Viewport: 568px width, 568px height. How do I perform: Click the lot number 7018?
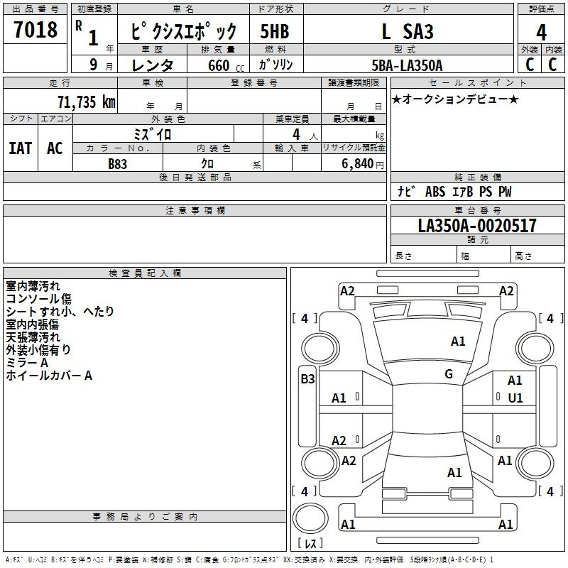coord(35,29)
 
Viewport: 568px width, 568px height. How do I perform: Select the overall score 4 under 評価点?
coord(541,33)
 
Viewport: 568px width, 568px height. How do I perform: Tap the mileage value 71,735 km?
coord(87,102)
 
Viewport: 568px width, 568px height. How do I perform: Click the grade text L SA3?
coord(408,31)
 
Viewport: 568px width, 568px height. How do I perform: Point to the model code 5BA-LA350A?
coord(407,65)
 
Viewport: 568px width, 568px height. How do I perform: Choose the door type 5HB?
coord(275,31)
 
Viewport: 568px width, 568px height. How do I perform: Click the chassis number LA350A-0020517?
coord(477,225)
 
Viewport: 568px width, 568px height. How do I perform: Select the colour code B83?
coord(118,164)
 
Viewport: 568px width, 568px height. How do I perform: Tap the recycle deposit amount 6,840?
coord(358,163)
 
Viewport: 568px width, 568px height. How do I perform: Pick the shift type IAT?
coord(21,148)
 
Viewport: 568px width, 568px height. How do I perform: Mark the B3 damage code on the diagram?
coord(307,379)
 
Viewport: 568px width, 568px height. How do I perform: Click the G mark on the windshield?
coord(449,374)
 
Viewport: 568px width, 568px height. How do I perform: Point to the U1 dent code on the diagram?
coord(515,398)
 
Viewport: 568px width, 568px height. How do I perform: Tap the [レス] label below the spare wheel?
coord(310,542)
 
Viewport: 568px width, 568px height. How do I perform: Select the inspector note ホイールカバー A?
coord(49,376)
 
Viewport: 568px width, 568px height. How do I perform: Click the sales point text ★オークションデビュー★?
coord(455,99)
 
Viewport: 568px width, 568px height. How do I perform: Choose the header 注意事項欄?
coord(195,210)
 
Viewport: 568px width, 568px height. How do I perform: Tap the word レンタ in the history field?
coord(152,65)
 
